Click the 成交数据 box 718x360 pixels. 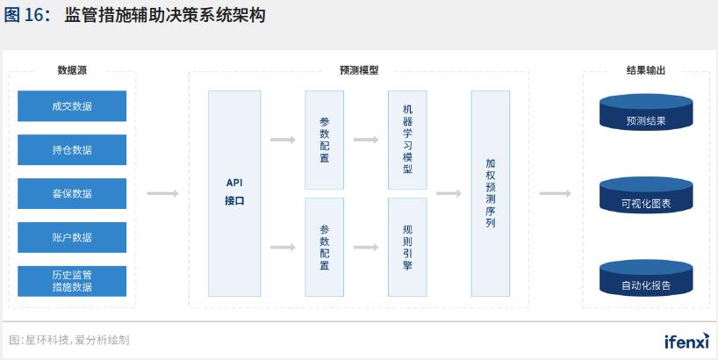[x=72, y=106]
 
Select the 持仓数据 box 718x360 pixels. [x=72, y=150]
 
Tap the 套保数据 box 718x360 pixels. [x=72, y=193]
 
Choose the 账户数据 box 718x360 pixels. [x=72, y=237]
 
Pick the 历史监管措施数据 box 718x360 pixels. [x=72, y=281]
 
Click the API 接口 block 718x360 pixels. [x=234, y=193]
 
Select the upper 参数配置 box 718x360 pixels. [x=325, y=140]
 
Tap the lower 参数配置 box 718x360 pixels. [x=325, y=247]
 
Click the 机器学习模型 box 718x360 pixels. [x=407, y=140]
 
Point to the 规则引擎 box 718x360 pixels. [x=407, y=247]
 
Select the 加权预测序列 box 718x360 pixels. [x=491, y=193]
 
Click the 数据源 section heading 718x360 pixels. [x=72, y=71]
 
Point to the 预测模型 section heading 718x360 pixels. [x=358, y=71]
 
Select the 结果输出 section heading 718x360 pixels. [x=645, y=71]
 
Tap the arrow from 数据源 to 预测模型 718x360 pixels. [x=162, y=193]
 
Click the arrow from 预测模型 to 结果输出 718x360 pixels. [x=556, y=193]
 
